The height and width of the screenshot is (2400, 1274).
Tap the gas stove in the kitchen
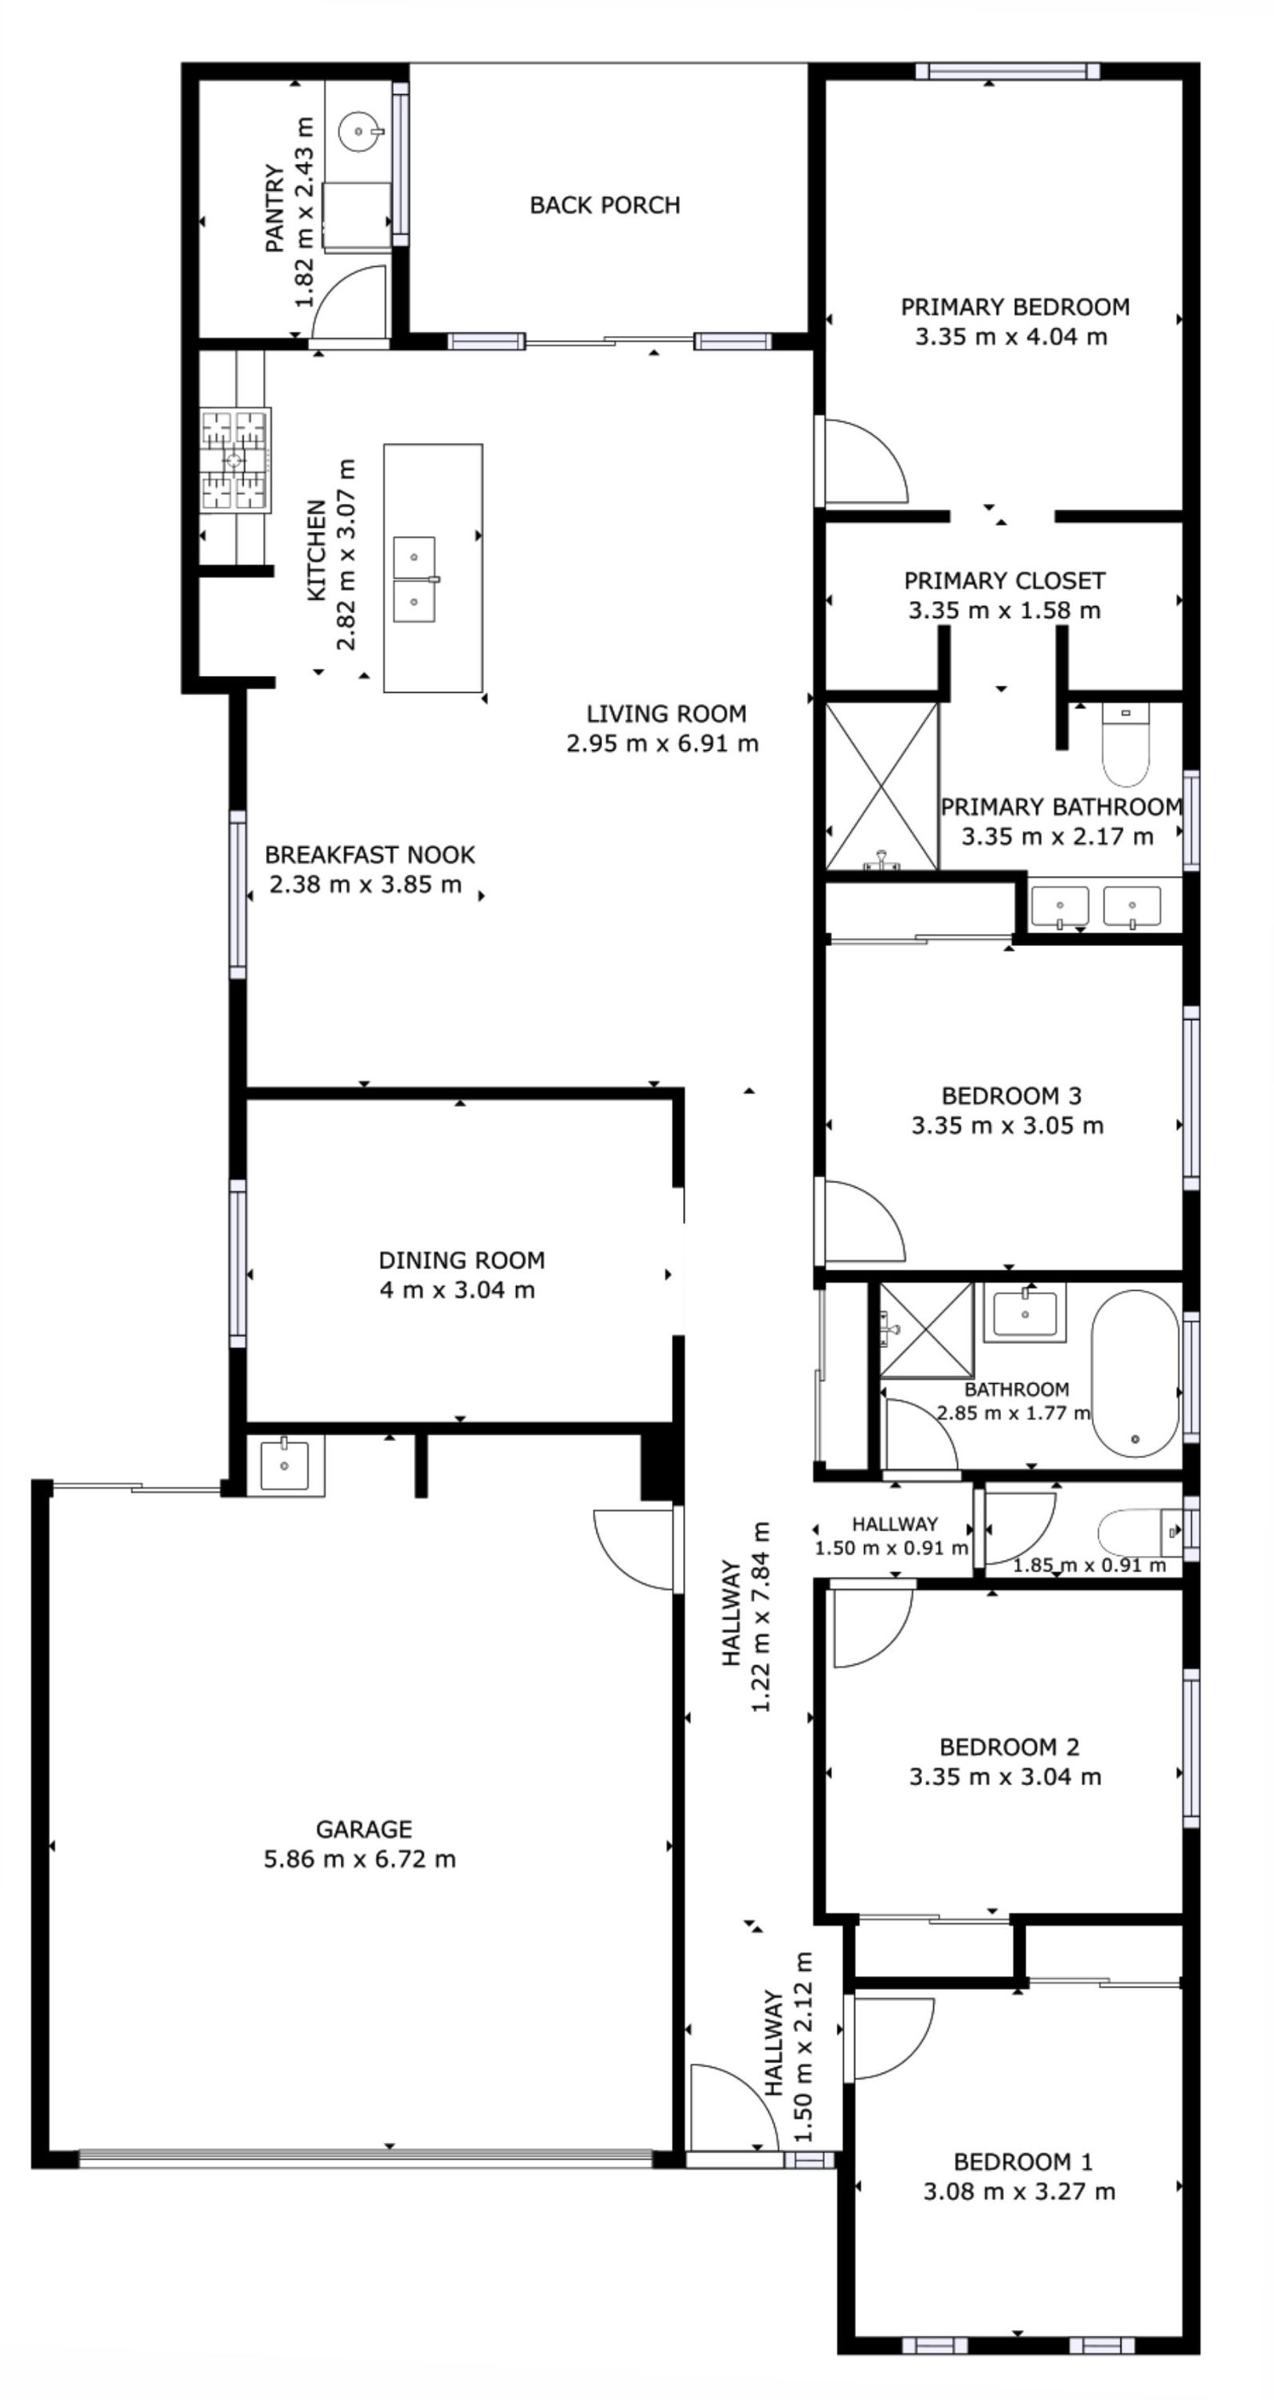234,460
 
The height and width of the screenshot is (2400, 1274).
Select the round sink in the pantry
359,131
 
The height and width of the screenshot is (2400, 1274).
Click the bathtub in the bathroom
1135,1374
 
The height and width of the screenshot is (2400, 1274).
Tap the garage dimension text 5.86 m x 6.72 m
360,1859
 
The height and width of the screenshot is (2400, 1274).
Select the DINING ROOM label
461,1261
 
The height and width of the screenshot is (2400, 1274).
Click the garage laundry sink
284,1464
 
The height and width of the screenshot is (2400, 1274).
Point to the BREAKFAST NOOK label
370,854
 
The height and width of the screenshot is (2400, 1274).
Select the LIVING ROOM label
666,713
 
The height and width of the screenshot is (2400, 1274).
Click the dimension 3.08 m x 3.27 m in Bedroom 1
1019,2191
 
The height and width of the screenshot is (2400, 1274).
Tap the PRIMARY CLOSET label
1005,580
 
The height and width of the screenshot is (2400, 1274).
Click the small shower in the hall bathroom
926,1331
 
